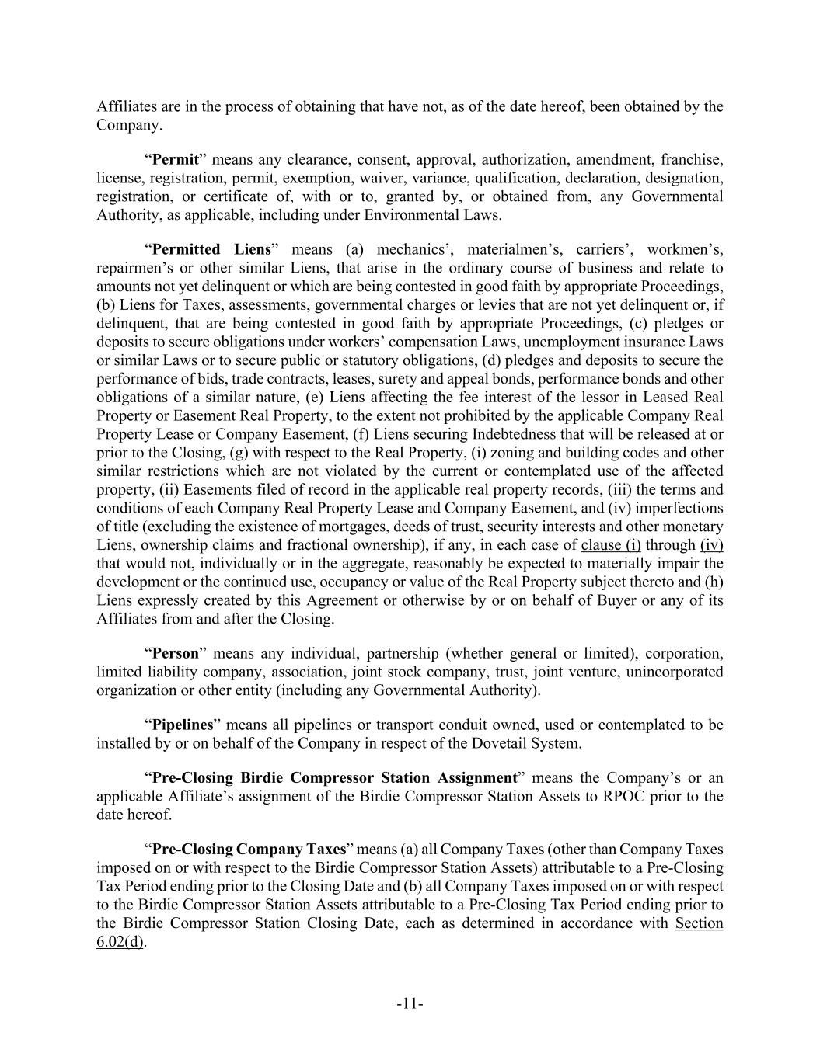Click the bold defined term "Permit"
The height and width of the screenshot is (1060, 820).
click(x=175, y=160)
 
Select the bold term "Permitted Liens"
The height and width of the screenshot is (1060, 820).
click(x=211, y=249)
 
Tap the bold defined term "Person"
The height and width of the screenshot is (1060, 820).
click(x=175, y=653)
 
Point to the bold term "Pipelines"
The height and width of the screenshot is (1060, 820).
click(x=182, y=725)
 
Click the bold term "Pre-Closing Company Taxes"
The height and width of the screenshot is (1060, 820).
click(x=248, y=849)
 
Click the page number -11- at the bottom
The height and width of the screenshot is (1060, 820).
click(x=410, y=1004)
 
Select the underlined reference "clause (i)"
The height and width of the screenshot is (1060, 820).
click(x=611, y=545)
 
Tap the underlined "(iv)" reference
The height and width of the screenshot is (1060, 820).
click(x=711, y=545)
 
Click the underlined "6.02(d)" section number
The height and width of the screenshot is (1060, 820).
click(x=120, y=942)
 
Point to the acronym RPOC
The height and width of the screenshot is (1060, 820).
click(x=625, y=796)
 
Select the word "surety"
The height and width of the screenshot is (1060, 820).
click(x=417, y=379)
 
